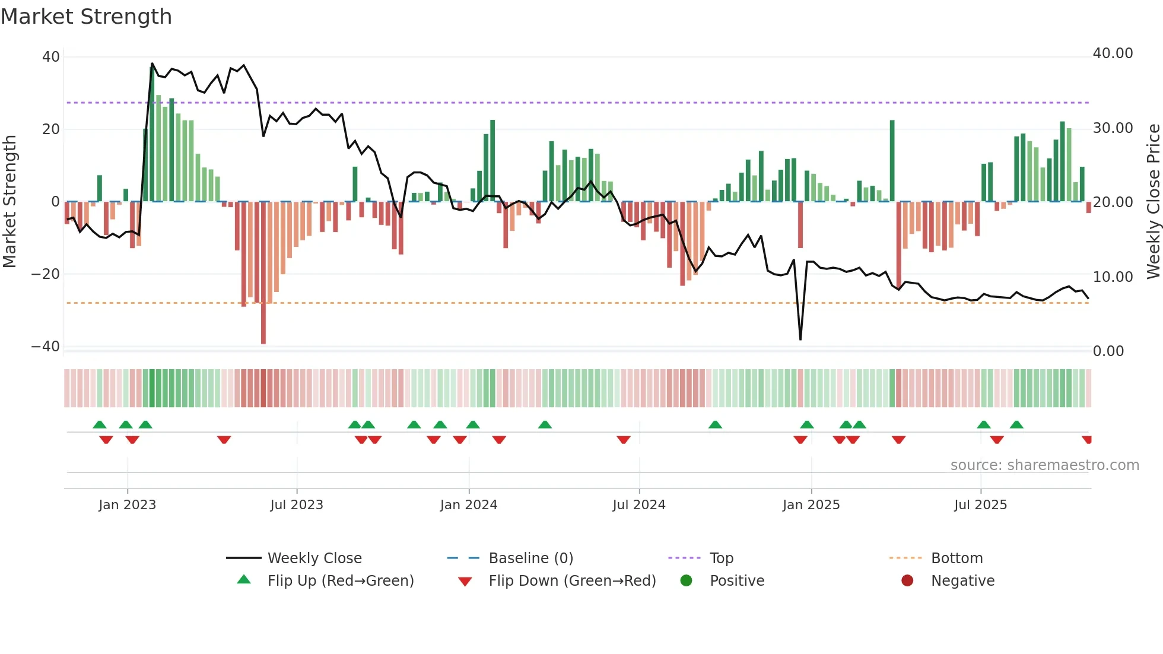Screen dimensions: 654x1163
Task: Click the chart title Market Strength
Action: point(86,17)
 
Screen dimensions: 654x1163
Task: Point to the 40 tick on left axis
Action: point(51,57)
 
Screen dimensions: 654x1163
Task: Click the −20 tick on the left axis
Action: point(46,274)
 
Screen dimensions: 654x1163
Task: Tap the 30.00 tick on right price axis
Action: point(1113,128)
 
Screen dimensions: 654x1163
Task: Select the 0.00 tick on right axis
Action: point(1108,351)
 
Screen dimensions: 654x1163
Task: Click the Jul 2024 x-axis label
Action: point(638,505)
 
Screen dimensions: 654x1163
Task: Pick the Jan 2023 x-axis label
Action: point(127,505)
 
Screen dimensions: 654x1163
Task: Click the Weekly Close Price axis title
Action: point(1153,201)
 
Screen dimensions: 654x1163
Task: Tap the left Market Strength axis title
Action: point(10,201)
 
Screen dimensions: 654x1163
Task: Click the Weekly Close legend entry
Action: point(314,558)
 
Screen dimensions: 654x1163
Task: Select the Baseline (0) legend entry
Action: point(530,558)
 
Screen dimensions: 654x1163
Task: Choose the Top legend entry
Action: point(721,558)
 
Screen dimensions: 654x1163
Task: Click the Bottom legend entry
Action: point(957,558)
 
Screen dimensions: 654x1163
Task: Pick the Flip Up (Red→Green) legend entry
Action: point(340,581)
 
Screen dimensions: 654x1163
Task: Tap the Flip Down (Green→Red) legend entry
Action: point(572,581)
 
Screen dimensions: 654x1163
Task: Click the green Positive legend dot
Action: point(686,581)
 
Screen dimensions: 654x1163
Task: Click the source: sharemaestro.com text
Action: point(1044,465)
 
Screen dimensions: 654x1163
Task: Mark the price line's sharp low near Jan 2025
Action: point(800,339)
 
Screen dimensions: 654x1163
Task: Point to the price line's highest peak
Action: point(152,64)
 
